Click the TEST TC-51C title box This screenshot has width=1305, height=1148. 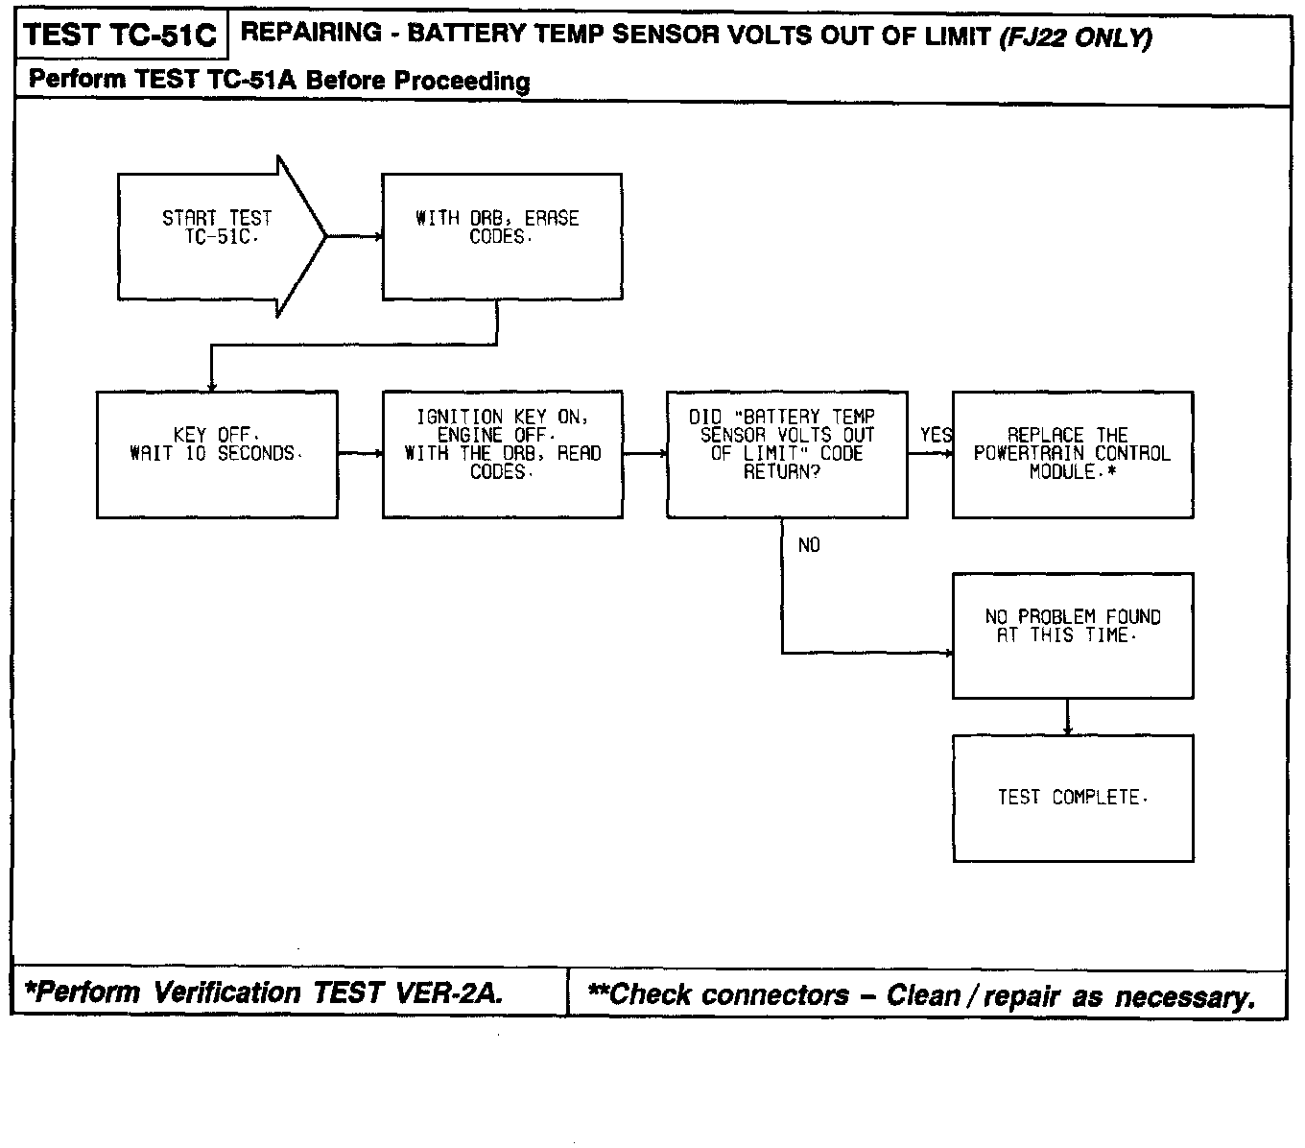click(x=120, y=36)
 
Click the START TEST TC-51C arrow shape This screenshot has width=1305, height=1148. click(x=219, y=235)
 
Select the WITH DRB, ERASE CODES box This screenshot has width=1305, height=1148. click(x=501, y=236)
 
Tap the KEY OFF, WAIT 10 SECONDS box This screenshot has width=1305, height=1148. click(x=217, y=454)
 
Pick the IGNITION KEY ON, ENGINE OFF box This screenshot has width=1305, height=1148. click(x=502, y=454)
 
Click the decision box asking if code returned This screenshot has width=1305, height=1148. click(x=787, y=454)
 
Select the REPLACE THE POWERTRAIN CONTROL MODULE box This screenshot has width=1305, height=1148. click(x=1072, y=454)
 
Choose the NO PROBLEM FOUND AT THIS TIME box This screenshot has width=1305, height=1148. click(x=1072, y=635)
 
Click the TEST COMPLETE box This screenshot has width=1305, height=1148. click(x=1072, y=798)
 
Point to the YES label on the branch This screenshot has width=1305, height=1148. click(x=936, y=436)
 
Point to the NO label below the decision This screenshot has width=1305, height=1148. click(x=809, y=545)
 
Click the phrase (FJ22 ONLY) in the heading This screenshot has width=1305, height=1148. click(x=1075, y=37)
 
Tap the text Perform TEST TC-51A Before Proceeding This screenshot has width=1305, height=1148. click(x=279, y=80)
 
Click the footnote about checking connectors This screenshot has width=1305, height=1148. click(x=921, y=995)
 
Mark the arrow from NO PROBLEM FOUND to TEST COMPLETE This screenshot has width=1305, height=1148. click(x=1068, y=717)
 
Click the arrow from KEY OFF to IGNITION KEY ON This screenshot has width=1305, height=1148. click(x=360, y=453)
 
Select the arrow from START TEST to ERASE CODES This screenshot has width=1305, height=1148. click(x=354, y=235)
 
